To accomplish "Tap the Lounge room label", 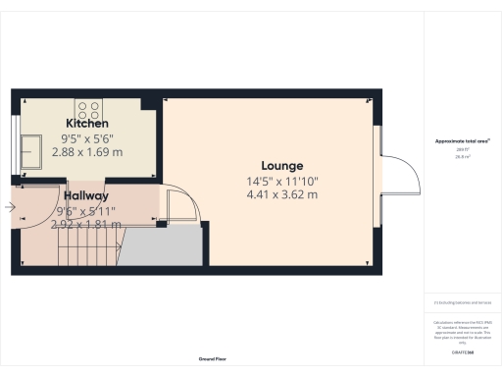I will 281,165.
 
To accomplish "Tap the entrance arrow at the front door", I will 10,207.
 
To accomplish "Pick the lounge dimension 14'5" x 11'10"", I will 281,181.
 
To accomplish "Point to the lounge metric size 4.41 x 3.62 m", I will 281,194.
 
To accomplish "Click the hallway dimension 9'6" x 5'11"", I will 85,210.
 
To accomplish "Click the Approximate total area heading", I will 463,141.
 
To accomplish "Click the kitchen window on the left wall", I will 14,137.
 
